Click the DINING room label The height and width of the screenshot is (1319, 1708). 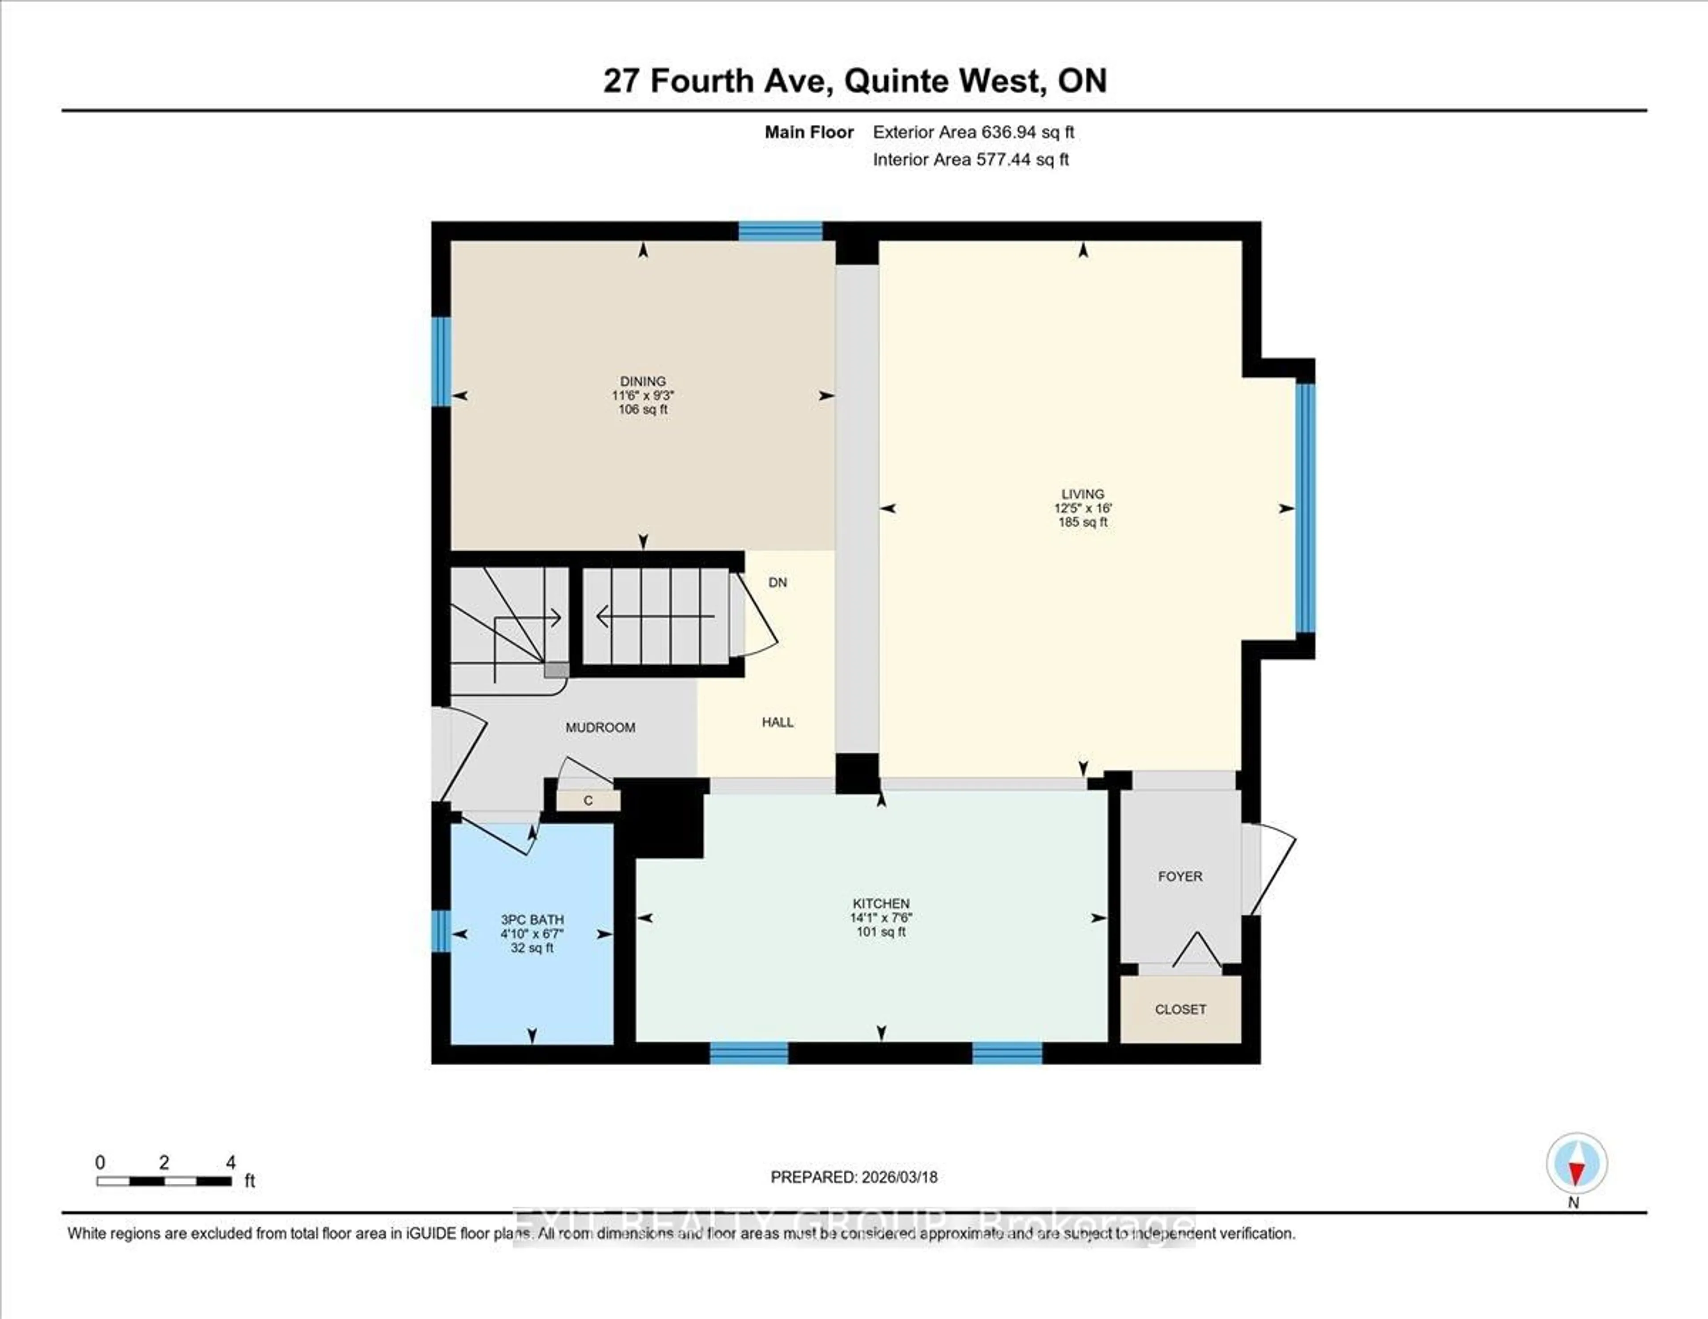click(x=642, y=382)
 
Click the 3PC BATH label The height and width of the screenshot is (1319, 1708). click(x=532, y=920)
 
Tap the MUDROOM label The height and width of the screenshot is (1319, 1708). click(x=600, y=727)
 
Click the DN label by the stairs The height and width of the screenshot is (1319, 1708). click(x=777, y=583)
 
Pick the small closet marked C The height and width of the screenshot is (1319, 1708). click(x=588, y=800)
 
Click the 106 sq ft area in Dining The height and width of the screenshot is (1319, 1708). click(x=642, y=410)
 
